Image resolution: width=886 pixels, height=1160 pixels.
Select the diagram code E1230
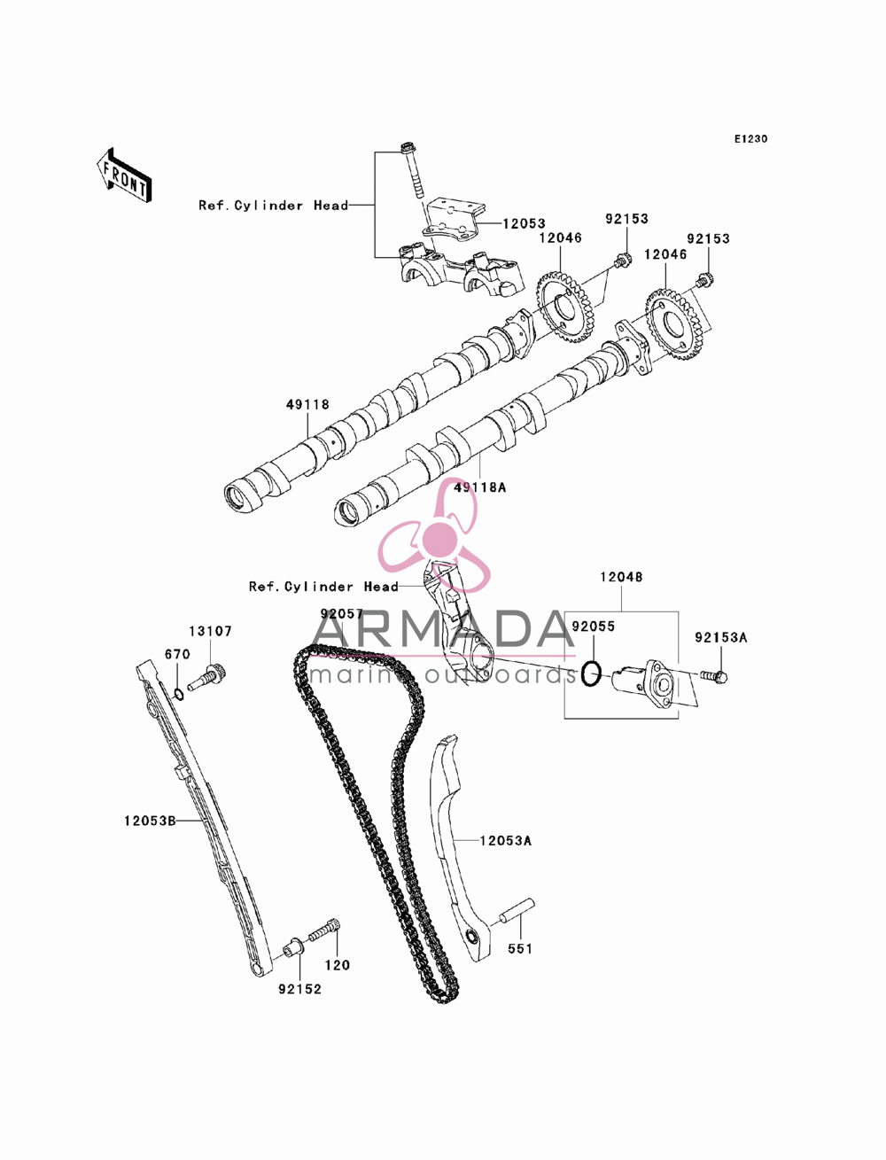coord(750,139)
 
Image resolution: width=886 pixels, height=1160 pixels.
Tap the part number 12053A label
coord(506,840)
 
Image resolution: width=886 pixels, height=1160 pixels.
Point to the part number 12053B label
coord(150,821)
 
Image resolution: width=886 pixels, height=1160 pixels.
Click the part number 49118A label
coord(479,487)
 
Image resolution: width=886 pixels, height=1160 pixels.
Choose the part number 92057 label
coord(342,613)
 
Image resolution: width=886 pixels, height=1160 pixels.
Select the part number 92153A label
coord(721,638)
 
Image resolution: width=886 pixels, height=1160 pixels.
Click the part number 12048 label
coord(621,577)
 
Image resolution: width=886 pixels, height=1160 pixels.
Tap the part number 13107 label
coord(211,631)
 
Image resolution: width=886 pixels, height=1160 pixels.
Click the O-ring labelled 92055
coord(591,673)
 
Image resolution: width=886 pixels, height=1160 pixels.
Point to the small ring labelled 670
coord(179,694)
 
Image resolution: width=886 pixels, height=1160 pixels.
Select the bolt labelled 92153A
coord(714,676)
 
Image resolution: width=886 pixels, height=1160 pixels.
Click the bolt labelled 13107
coord(208,676)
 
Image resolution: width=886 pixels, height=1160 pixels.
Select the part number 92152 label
coord(300,989)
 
